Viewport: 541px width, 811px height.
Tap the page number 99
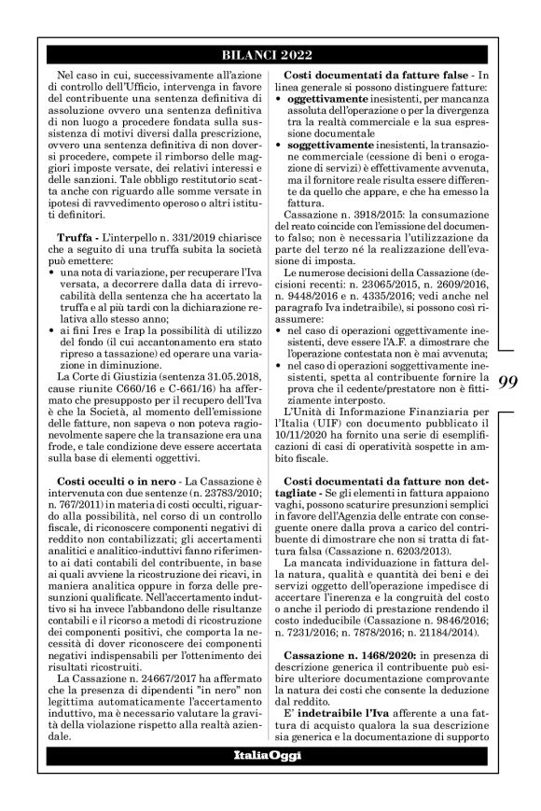tap(507, 381)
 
